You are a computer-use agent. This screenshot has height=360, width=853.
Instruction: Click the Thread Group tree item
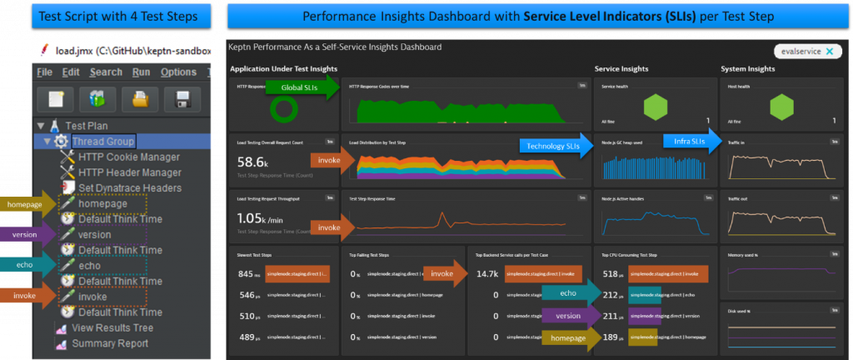102,142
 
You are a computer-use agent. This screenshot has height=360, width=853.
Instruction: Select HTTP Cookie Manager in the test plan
129,157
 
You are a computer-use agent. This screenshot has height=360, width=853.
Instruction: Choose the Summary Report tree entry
109,343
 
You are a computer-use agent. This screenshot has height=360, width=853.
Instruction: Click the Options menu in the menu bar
178,72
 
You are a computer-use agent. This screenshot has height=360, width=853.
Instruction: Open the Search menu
106,72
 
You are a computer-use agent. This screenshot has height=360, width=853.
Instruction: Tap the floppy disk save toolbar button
182,101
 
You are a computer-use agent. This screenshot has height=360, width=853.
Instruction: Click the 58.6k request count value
252,162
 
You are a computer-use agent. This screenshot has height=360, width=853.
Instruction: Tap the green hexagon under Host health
781,107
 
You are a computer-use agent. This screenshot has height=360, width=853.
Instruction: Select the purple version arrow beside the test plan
28,235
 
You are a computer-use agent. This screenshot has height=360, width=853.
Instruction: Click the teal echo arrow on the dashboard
570,292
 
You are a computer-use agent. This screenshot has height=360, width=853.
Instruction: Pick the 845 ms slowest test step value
248,273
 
